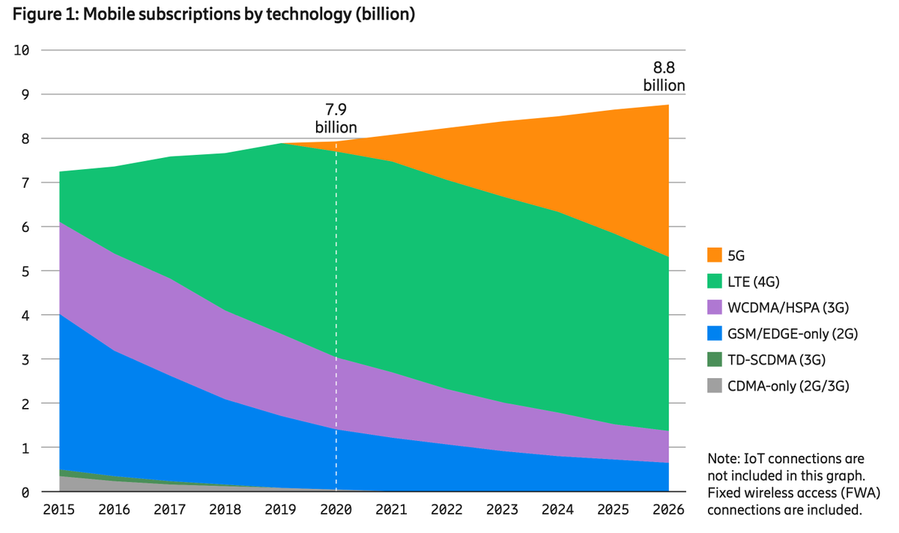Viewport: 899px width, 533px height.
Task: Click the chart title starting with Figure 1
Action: (214, 15)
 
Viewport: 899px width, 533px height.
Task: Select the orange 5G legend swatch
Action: (715, 256)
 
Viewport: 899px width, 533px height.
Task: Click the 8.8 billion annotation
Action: (664, 77)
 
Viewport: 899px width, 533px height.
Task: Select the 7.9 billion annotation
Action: (336, 118)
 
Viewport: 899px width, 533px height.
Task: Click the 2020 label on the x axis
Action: (336, 511)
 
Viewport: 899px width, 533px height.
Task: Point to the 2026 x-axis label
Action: (669, 511)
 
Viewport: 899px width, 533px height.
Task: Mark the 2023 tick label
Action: (503, 511)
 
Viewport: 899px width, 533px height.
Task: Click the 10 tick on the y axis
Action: (22, 50)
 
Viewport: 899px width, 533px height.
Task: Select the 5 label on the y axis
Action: (25, 271)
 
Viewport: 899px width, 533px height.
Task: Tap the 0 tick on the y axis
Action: (25, 493)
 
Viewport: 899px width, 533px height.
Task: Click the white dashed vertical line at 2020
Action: (336, 314)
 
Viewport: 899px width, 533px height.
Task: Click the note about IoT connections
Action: (793, 484)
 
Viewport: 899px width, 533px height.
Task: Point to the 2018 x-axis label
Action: (224, 511)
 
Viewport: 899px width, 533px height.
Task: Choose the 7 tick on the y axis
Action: (25, 183)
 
